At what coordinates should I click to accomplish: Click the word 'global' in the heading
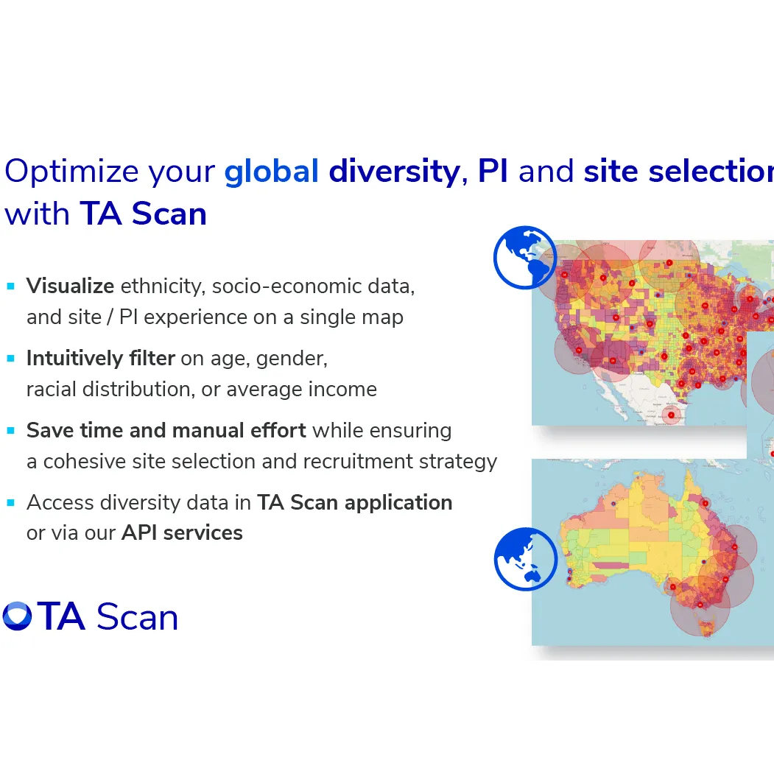pos(271,172)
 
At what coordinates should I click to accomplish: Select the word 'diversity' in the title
pos(394,172)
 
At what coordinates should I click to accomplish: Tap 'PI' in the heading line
pos(493,172)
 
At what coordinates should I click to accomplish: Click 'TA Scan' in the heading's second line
pos(143,214)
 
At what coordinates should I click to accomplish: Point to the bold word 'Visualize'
pos(70,286)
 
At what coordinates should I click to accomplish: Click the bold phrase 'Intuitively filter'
pos(100,359)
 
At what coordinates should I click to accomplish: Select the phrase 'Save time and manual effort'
pos(166,430)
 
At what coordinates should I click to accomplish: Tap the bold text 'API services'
pos(182,532)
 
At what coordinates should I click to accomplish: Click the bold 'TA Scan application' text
pos(354,502)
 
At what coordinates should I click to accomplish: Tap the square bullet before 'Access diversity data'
pos(11,502)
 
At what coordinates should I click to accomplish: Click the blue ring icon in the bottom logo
pos(17,616)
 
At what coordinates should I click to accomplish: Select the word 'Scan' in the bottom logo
pos(137,617)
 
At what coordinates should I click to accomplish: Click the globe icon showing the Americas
pos(524,257)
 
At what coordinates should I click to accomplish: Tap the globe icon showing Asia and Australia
pos(525,559)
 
